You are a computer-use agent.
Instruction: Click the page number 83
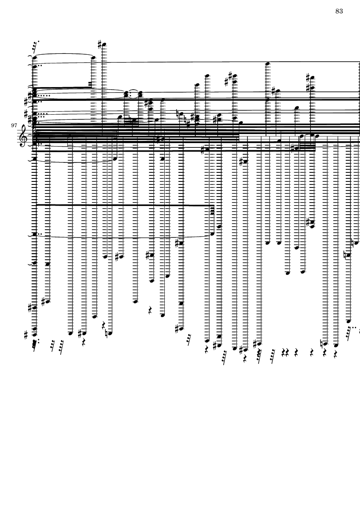(x=339, y=11)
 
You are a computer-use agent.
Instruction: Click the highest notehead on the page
(x=103, y=44)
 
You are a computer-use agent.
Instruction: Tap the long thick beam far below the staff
(x=123, y=206)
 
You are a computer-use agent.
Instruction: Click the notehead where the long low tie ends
(x=212, y=234)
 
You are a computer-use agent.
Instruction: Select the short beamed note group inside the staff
(x=306, y=147)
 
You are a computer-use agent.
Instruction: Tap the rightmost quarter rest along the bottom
(x=334, y=353)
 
